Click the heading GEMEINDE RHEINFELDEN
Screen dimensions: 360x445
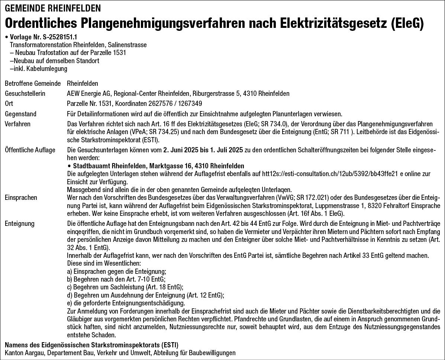point(53,8)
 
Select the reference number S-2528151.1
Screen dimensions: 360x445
point(59,38)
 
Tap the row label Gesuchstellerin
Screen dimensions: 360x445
point(25,93)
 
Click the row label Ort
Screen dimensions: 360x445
point(9,103)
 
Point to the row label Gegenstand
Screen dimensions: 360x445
point(20,114)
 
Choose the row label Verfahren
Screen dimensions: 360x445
point(17,124)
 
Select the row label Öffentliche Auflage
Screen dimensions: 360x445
point(30,150)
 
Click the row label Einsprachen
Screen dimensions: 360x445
point(21,197)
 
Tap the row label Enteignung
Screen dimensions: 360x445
point(19,223)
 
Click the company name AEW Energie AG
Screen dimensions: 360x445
point(88,93)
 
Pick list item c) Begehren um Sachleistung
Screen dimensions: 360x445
point(125,287)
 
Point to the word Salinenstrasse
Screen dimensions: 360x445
point(130,45)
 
